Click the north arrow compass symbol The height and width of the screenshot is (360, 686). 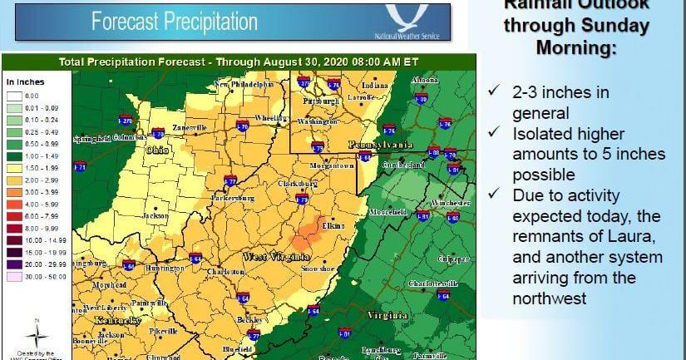click(x=35, y=334)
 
